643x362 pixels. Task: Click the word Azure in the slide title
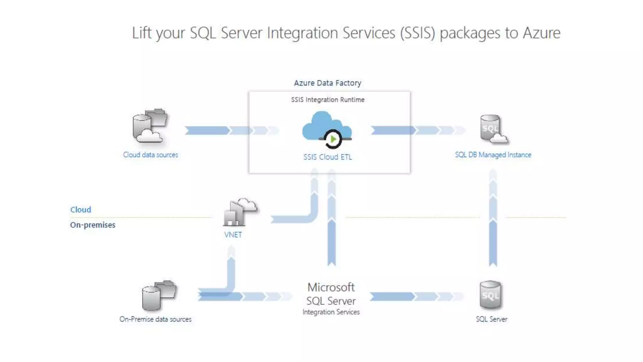(541, 33)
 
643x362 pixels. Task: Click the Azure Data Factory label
(327, 83)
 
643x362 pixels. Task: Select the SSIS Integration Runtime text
(327, 100)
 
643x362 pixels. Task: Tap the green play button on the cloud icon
(333, 139)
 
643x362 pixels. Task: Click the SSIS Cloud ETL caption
(327, 157)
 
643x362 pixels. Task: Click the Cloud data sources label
(150, 155)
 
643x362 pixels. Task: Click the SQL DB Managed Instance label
(493, 155)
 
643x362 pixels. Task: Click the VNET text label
(233, 235)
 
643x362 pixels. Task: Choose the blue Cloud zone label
(81, 210)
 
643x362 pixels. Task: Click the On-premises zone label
(93, 225)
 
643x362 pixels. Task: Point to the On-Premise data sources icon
(159, 295)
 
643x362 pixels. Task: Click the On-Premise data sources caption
(155, 319)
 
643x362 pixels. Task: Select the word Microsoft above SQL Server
(331, 287)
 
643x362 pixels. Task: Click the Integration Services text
(331, 312)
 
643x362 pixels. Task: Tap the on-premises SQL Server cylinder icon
(490, 295)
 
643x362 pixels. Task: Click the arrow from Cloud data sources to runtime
(220, 130)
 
